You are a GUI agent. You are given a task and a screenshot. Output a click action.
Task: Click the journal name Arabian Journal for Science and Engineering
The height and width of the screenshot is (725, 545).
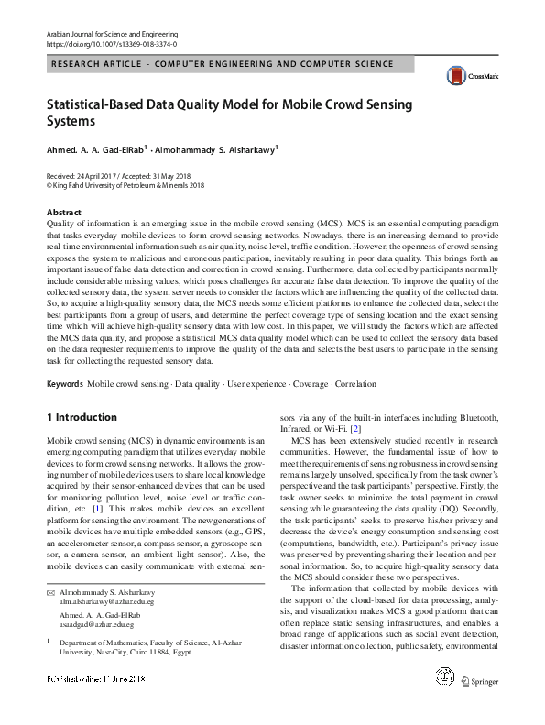[111, 33]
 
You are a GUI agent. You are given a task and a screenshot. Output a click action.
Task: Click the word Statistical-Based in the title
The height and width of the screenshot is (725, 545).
[97, 104]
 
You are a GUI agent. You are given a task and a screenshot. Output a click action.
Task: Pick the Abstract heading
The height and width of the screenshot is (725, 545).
[63, 213]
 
